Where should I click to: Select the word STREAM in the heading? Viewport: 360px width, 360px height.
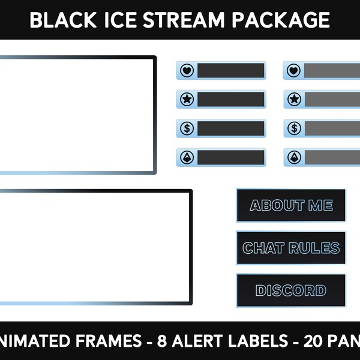click(179, 20)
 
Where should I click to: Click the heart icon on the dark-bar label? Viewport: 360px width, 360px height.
click(187, 70)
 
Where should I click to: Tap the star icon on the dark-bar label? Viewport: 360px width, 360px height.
click(187, 99)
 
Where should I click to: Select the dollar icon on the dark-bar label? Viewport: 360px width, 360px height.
click(187, 128)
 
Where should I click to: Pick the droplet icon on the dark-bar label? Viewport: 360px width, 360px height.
click(187, 157)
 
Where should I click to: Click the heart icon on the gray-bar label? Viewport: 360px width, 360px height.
click(294, 70)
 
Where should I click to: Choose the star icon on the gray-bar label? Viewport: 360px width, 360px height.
click(294, 99)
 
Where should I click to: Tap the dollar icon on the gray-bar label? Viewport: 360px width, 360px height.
click(294, 128)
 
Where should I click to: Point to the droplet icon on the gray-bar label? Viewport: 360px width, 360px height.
click(294, 157)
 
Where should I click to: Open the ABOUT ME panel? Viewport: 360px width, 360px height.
click(291, 205)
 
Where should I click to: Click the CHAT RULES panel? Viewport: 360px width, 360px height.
click(291, 248)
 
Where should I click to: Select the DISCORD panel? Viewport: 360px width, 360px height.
click(291, 290)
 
